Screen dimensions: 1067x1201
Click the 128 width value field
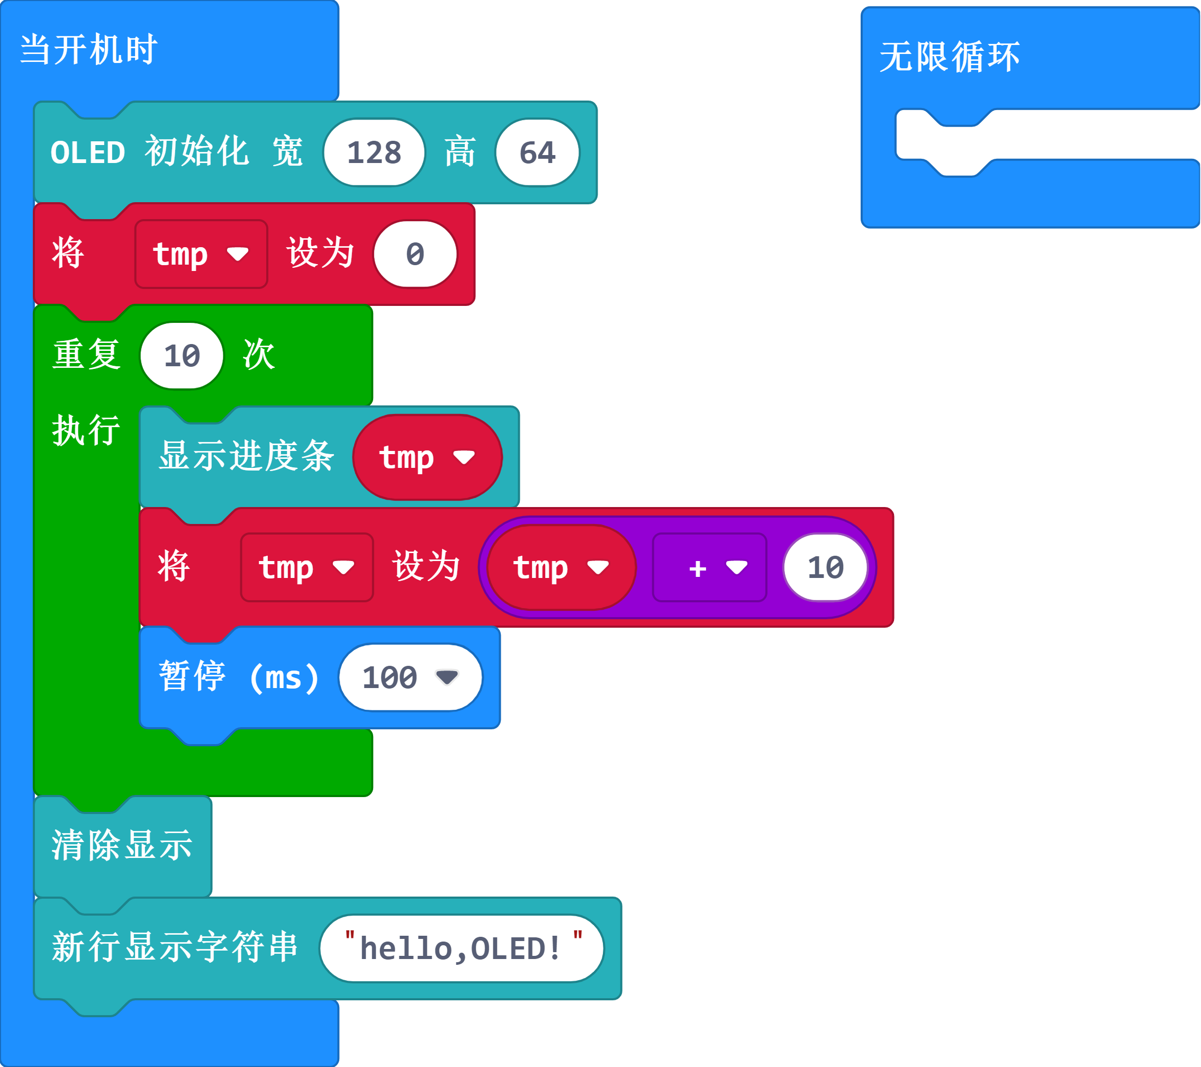tap(374, 153)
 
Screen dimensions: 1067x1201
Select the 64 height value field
tap(537, 153)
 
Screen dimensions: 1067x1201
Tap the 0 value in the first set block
tap(415, 255)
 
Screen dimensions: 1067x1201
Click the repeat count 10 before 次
tap(182, 356)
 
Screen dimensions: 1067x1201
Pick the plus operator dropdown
tap(709, 567)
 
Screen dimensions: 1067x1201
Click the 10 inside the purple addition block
tap(825, 567)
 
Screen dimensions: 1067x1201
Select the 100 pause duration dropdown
tap(410, 677)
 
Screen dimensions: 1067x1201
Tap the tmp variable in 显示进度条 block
tap(427, 457)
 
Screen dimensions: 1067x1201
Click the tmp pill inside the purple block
tap(561, 567)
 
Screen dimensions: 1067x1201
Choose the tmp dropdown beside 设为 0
tap(201, 255)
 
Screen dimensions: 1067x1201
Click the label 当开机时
tap(88, 50)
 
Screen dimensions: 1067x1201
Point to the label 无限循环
tap(949, 57)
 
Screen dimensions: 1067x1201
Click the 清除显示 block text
tap(122, 845)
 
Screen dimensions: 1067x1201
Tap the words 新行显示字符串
tap(175, 947)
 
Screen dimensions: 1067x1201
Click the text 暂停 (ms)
tap(239, 677)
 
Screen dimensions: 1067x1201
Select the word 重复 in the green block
tap(87, 355)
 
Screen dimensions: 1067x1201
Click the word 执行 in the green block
tap(86, 430)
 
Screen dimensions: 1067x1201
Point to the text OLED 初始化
tap(149, 152)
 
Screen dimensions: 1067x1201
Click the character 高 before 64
tap(459, 152)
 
